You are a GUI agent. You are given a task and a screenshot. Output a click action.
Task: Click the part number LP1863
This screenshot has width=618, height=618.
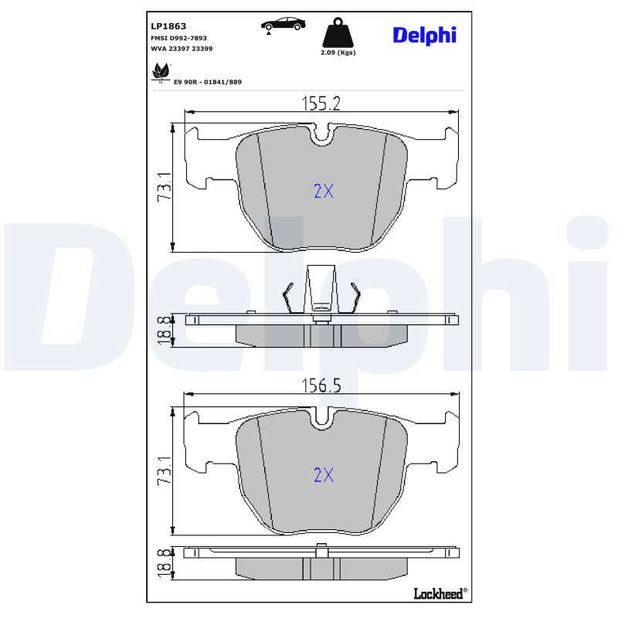click(x=168, y=26)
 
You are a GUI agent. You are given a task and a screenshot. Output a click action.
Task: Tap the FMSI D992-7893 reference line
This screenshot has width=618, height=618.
click(x=179, y=38)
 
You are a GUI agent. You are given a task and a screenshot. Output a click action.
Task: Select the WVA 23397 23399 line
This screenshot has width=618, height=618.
click(x=182, y=49)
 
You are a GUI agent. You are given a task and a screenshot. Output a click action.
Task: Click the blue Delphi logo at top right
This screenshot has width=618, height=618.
click(x=424, y=36)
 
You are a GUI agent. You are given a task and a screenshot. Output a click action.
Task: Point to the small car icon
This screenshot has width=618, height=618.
click(x=283, y=25)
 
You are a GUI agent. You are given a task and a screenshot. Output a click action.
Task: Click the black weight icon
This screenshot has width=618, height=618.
click(x=338, y=32)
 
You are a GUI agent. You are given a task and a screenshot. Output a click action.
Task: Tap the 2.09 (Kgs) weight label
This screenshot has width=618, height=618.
click(x=338, y=53)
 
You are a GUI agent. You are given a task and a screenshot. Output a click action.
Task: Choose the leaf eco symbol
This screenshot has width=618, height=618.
click(x=161, y=73)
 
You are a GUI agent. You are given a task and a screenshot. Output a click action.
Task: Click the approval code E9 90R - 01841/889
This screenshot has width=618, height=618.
click(x=208, y=82)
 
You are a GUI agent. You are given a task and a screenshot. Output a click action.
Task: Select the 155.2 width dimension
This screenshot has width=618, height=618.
click(x=321, y=104)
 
